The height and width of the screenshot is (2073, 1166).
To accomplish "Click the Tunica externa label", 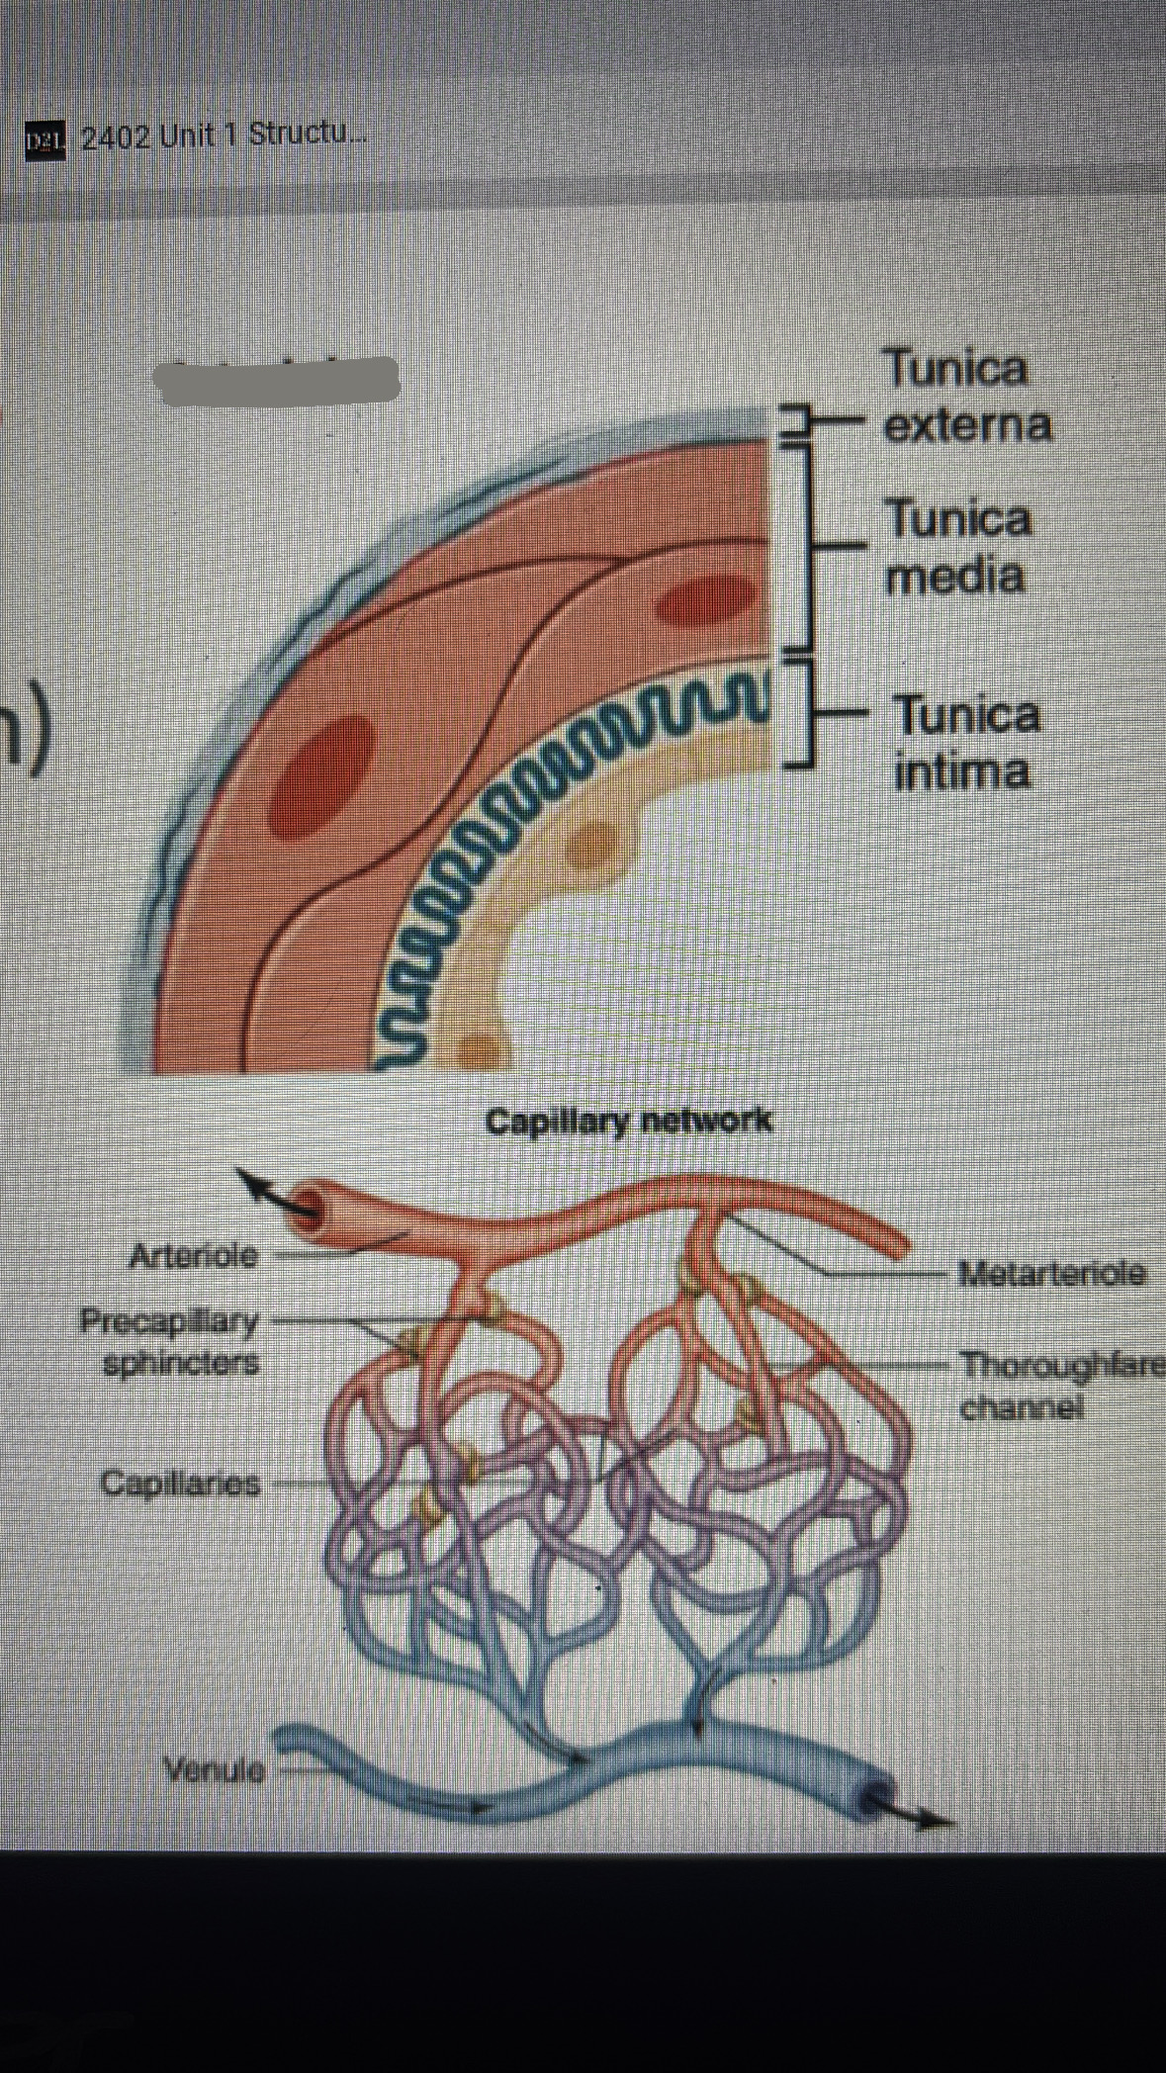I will coord(965,397).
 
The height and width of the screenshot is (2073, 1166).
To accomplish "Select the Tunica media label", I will coord(957,547).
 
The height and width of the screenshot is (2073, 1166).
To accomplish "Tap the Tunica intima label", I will coord(965,743).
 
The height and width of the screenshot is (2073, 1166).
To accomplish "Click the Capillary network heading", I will coord(628,1121).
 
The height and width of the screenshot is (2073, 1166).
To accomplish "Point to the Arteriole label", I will coord(194,1255).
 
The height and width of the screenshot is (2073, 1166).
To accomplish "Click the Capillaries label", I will coord(180,1483).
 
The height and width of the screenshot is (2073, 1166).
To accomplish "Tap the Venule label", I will coord(215,1769).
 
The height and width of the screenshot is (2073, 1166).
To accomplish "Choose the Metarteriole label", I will coord(1052,1272).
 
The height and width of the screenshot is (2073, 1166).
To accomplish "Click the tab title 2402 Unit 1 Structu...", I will coord(223,135).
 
